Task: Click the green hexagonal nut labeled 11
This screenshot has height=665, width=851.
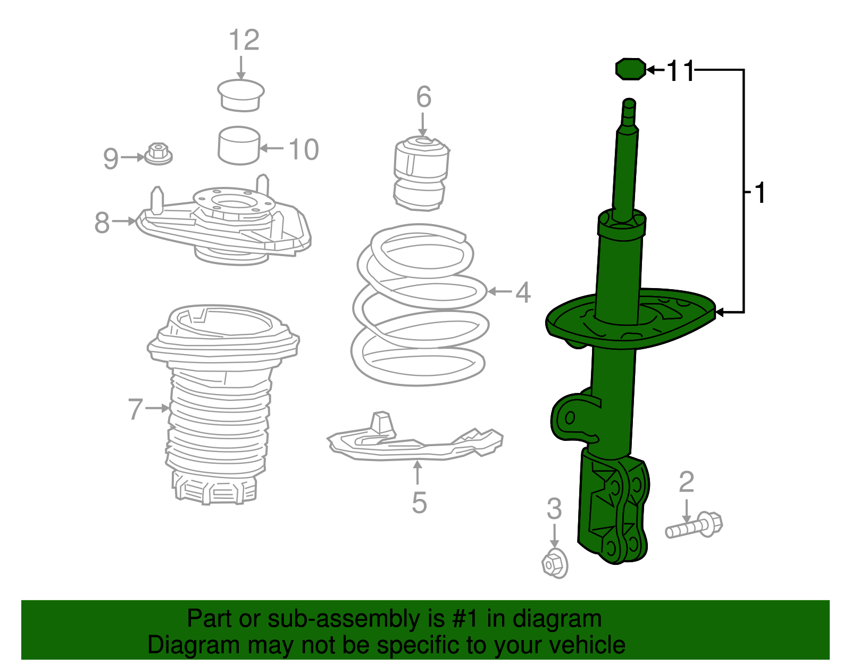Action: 630,69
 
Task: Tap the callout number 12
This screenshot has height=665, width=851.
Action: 244,40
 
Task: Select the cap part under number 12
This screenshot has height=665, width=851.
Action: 241,95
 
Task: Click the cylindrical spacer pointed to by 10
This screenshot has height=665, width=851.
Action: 239,145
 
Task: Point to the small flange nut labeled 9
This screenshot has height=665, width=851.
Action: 158,154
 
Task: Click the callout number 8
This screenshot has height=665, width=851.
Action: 102,223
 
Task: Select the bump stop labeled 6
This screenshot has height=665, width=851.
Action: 421,173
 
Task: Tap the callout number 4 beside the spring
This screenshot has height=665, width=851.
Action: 523,292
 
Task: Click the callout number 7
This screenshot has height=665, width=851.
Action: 136,409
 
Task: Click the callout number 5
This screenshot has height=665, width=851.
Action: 419,503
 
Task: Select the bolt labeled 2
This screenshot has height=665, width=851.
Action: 694,527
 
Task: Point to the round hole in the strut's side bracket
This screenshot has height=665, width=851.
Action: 569,418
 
